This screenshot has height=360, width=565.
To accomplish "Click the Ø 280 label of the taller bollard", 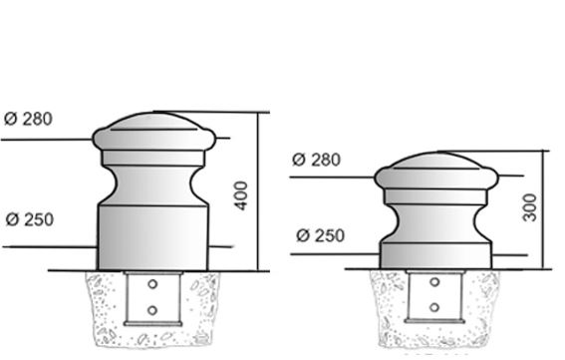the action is tap(28, 119).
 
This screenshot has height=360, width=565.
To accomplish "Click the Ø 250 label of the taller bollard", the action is tap(30, 219).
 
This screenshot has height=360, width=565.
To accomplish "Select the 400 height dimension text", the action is tap(241, 195).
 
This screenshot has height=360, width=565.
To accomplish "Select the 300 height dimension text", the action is tap(529, 207).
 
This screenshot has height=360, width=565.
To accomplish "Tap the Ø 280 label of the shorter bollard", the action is tap(316, 160).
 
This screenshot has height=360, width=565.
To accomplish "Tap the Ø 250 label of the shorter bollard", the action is tap(320, 235).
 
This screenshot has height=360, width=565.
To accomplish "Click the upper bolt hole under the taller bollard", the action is tap(152, 284).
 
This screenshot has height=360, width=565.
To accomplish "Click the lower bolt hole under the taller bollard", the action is tap(152, 310).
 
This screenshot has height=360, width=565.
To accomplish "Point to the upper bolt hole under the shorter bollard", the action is tap(434, 282).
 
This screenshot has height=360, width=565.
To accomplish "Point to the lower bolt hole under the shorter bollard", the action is tap(434, 307).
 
